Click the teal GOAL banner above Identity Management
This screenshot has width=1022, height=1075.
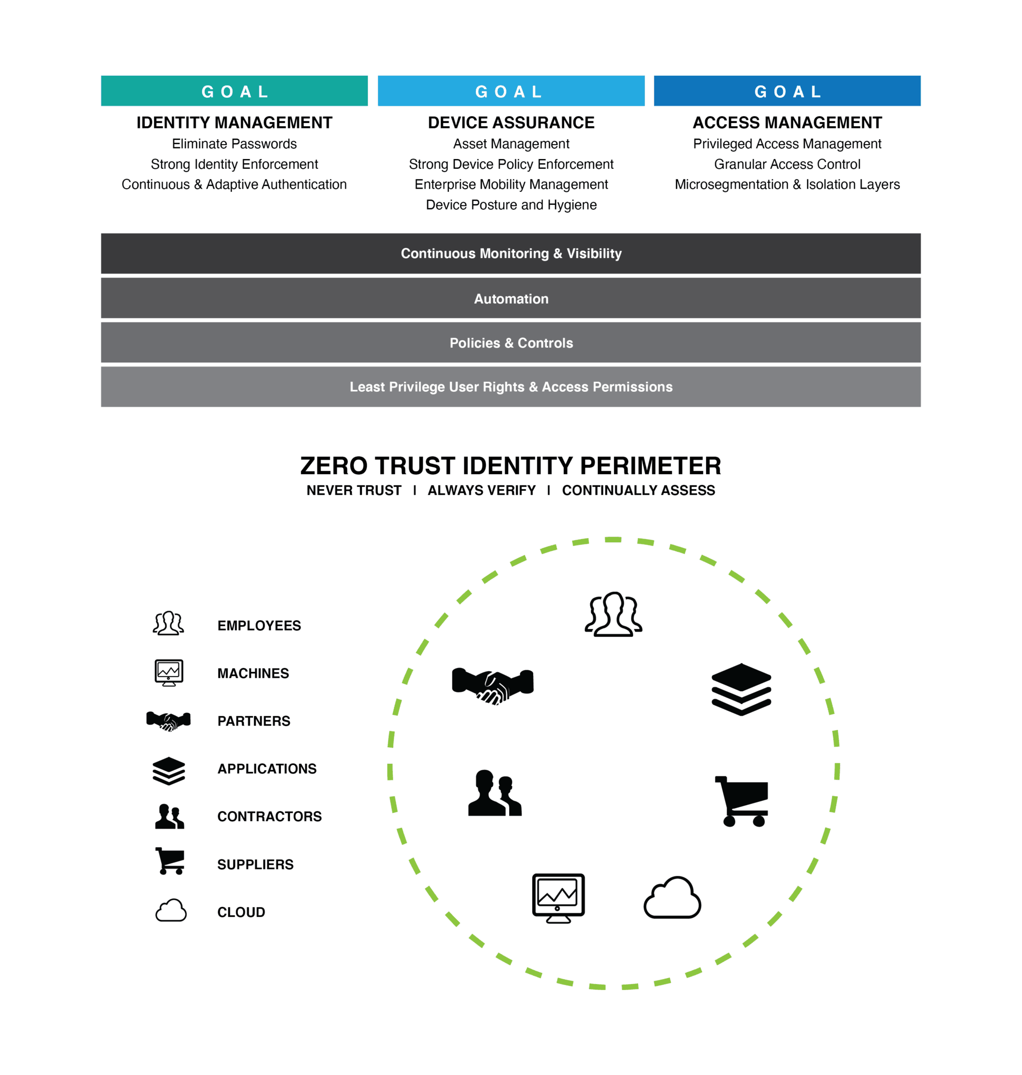pos(234,91)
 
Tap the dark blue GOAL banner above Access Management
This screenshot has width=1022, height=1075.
pos(787,91)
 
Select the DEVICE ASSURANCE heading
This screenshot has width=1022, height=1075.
pos(511,123)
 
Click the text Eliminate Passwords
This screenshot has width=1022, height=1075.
pos(234,144)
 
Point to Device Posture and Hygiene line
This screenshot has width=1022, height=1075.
pos(511,205)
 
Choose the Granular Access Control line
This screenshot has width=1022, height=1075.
pos(787,164)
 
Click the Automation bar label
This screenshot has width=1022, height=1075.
pos(511,299)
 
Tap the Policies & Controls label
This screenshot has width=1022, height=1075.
pos(511,343)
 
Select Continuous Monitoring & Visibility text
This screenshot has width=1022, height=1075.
pos(511,254)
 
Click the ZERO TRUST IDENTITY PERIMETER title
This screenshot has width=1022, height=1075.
pos(511,465)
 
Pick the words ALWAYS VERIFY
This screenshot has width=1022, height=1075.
pos(482,491)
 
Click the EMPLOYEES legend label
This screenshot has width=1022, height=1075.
pos(259,626)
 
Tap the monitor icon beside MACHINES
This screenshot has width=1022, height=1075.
pos(169,673)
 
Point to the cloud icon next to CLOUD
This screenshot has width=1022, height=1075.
pos(171,911)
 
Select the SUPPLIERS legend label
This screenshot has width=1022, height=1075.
pos(256,865)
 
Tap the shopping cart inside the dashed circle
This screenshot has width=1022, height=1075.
pos(742,801)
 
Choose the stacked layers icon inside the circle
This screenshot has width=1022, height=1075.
pos(742,689)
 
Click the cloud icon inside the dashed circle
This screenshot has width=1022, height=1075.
pos(672,898)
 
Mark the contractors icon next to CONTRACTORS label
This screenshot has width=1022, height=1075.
pos(169,816)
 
